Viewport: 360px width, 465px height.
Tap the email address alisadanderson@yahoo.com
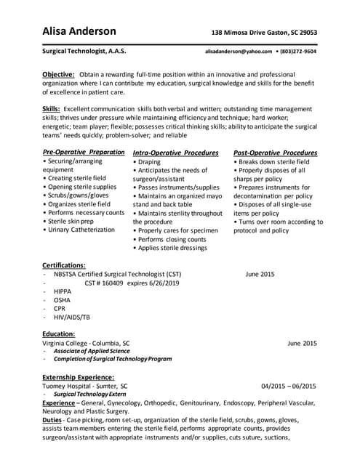coord(239,52)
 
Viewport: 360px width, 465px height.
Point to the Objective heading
coord(57,75)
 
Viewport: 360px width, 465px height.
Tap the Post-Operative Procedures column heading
coord(275,153)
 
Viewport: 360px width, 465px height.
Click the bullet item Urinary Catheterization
coord(81,230)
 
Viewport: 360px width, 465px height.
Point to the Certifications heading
coord(64,265)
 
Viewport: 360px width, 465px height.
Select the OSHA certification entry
coord(62,300)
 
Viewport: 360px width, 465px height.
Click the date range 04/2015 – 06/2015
coord(289,386)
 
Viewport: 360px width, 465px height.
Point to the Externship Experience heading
coord(78,377)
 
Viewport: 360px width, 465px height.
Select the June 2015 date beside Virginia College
coord(302,341)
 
